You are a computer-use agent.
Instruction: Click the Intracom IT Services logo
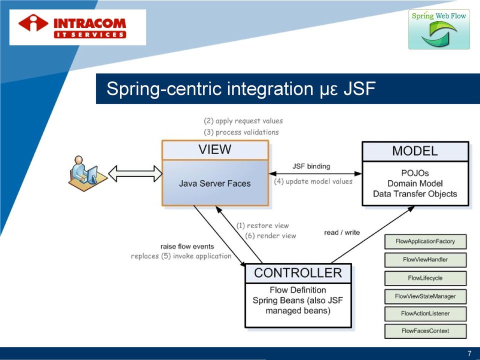(x=77, y=27)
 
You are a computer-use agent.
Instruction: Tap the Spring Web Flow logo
(x=439, y=29)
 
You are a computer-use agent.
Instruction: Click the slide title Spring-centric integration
(x=240, y=88)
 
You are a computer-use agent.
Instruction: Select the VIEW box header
(x=215, y=149)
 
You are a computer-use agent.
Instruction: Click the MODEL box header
(x=415, y=151)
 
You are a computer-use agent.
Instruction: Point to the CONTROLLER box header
(x=298, y=273)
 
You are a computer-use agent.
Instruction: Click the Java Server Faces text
(x=215, y=183)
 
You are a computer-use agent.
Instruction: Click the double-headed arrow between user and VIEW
(x=135, y=173)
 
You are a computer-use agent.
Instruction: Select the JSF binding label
(x=311, y=166)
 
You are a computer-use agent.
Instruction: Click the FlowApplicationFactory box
(x=425, y=241)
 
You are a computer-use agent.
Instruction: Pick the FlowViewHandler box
(x=425, y=259)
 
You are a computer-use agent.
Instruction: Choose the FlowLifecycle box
(x=425, y=278)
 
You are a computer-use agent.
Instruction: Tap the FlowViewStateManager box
(x=425, y=296)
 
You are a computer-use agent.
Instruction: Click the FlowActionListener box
(x=425, y=313)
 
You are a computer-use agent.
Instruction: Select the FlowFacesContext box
(x=425, y=331)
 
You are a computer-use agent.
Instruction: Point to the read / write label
(x=342, y=232)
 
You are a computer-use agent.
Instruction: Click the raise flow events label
(x=187, y=246)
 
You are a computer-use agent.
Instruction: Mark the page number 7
(x=469, y=353)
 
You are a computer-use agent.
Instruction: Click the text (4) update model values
(x=313, y=181)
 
